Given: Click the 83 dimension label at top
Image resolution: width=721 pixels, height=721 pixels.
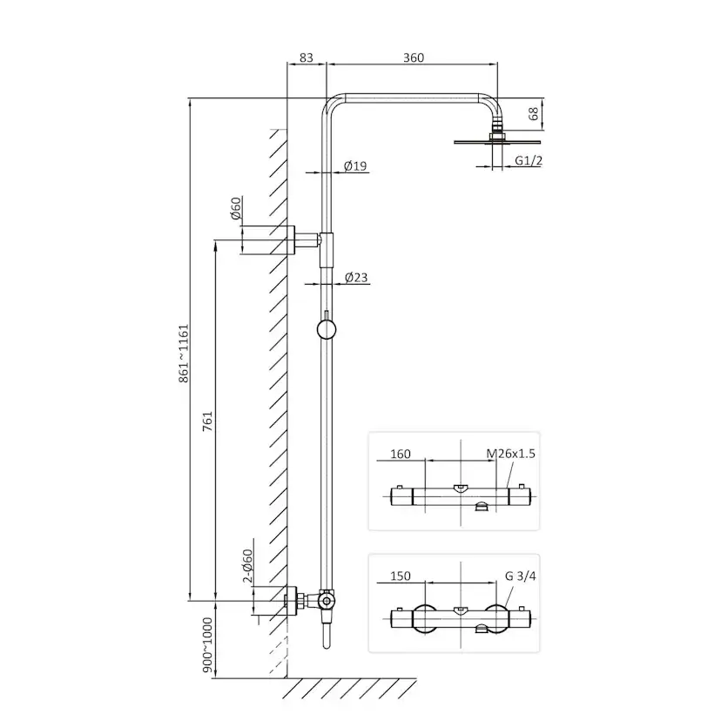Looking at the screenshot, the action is (x=307, y=57).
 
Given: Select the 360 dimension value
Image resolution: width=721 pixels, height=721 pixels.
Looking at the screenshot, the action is (x=414, y=57).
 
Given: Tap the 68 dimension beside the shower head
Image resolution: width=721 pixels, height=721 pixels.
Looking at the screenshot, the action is (x=534, y=113).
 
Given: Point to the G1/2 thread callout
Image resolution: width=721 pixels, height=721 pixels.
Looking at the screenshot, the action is (x=529, y=160).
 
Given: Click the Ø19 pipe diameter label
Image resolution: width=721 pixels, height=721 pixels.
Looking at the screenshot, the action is (x=355, y=165).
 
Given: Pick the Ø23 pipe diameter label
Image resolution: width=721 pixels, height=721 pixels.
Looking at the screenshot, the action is (x=356, y=277).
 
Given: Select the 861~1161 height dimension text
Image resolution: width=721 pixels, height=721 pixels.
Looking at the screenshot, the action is (x=184, y=354).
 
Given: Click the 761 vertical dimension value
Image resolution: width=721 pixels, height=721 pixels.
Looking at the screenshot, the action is (x=208, y=421).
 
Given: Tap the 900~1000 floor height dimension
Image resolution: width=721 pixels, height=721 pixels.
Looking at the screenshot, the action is (x=208, y=644).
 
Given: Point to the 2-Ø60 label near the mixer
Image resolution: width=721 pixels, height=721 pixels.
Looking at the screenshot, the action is (x=247, y=566).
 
